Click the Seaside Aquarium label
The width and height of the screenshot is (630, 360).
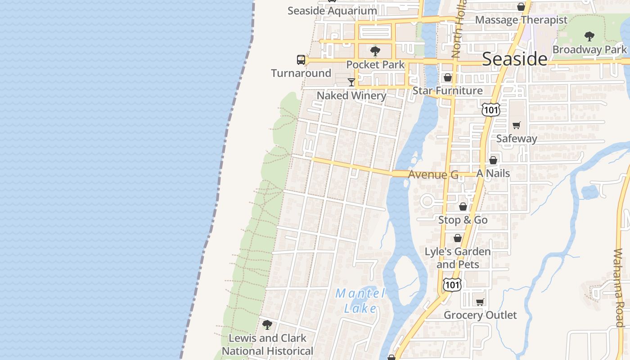332,11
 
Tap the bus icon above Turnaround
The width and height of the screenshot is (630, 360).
301,60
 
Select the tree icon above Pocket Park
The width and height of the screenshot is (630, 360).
375,51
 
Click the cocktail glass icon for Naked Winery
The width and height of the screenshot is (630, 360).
351,82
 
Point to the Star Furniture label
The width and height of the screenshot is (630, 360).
447,90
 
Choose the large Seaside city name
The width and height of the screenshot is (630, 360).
515,59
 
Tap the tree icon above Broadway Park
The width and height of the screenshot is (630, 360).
589,36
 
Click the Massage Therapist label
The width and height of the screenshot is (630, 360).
521,20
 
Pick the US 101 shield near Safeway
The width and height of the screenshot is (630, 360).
490,109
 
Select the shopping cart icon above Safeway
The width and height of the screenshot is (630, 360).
517,125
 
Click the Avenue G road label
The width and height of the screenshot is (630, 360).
433,175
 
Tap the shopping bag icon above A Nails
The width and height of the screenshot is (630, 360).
493,160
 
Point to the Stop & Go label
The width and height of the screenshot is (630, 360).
463,220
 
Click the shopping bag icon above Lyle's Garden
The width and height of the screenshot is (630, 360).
458,238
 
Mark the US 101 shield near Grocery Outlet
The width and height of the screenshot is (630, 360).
452,284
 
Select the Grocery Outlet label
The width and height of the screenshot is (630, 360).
480,315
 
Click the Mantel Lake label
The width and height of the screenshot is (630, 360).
360,301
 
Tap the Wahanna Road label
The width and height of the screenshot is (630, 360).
619,288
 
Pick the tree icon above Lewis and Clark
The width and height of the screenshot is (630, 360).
267,324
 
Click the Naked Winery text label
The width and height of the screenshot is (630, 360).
351,95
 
